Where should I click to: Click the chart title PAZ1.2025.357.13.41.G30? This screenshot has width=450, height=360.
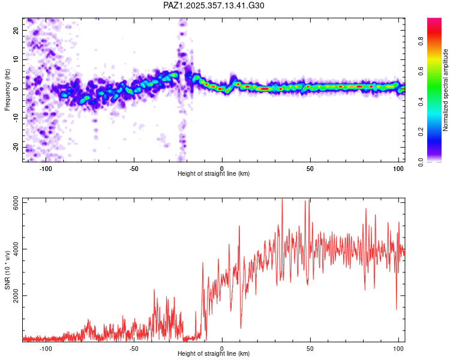214,5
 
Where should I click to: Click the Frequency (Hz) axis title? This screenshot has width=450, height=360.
7,89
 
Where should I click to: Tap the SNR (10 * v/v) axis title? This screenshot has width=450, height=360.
7,269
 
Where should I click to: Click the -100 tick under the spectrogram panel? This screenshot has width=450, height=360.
46,169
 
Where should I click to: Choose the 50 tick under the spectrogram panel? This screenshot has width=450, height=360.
310,169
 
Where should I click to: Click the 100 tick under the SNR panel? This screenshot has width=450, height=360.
398,349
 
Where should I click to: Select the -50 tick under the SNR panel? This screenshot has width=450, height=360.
134,349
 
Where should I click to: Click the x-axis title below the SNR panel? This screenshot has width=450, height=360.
214,354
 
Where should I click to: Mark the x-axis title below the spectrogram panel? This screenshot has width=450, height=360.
214,174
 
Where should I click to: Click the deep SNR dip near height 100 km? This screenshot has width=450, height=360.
397,309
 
